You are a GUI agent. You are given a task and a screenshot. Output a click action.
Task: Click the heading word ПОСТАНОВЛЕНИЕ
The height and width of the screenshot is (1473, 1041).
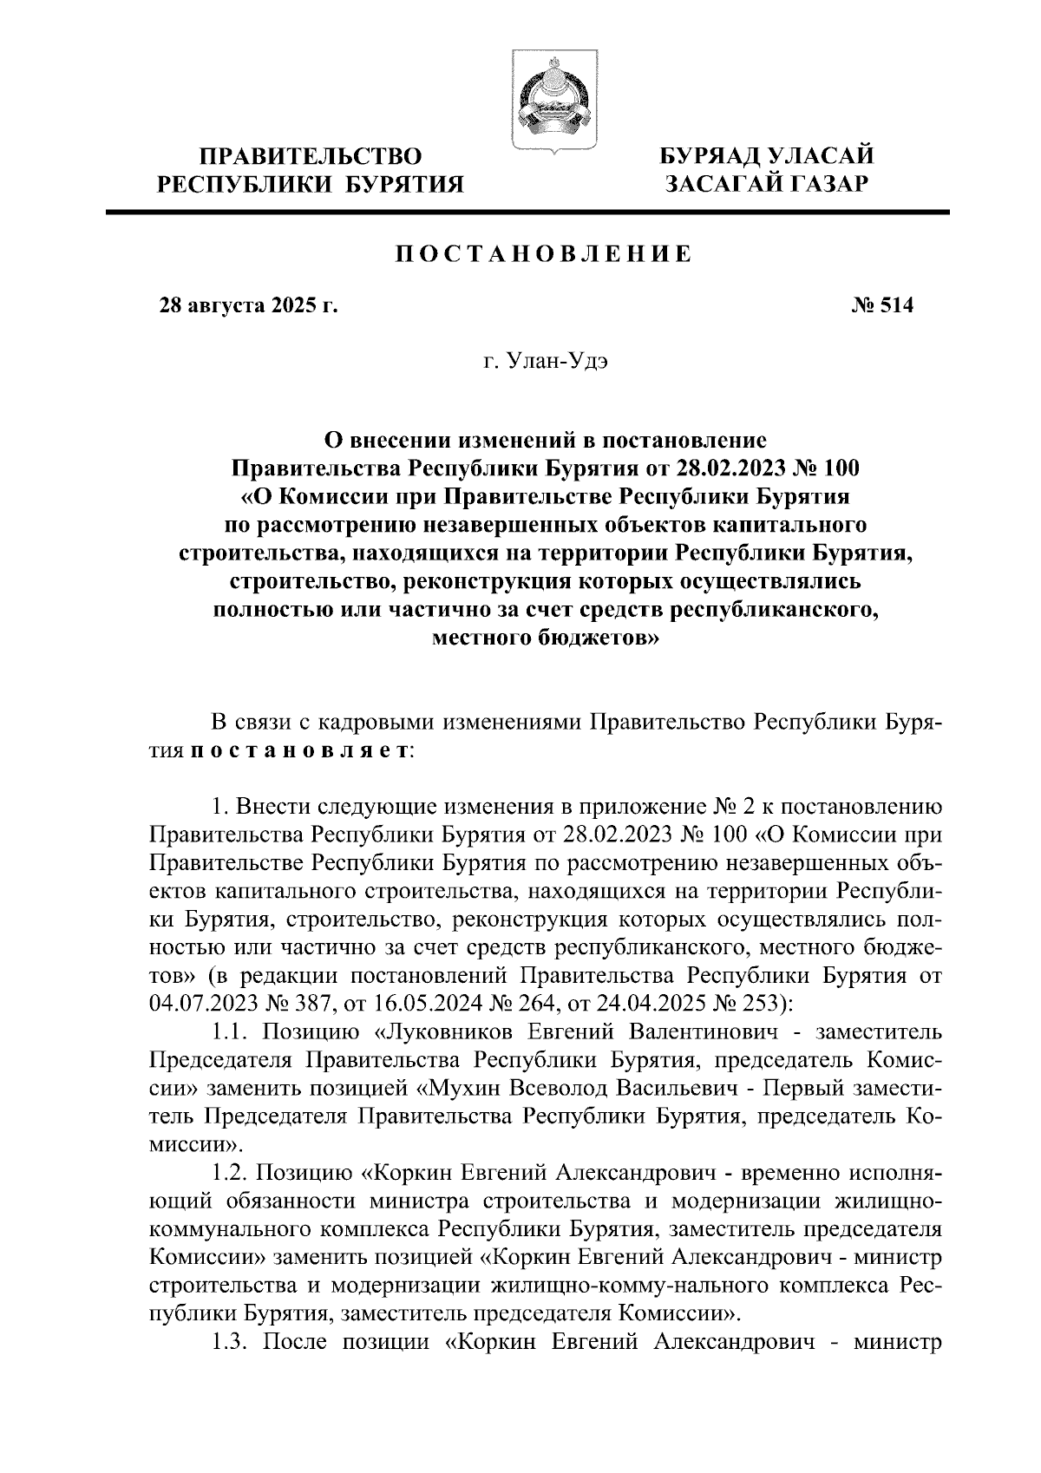(544, 254)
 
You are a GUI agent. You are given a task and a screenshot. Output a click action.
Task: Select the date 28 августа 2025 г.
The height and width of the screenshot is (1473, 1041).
(247, 307)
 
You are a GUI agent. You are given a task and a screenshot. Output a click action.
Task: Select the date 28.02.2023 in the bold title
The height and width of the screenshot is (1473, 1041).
(736, 469)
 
